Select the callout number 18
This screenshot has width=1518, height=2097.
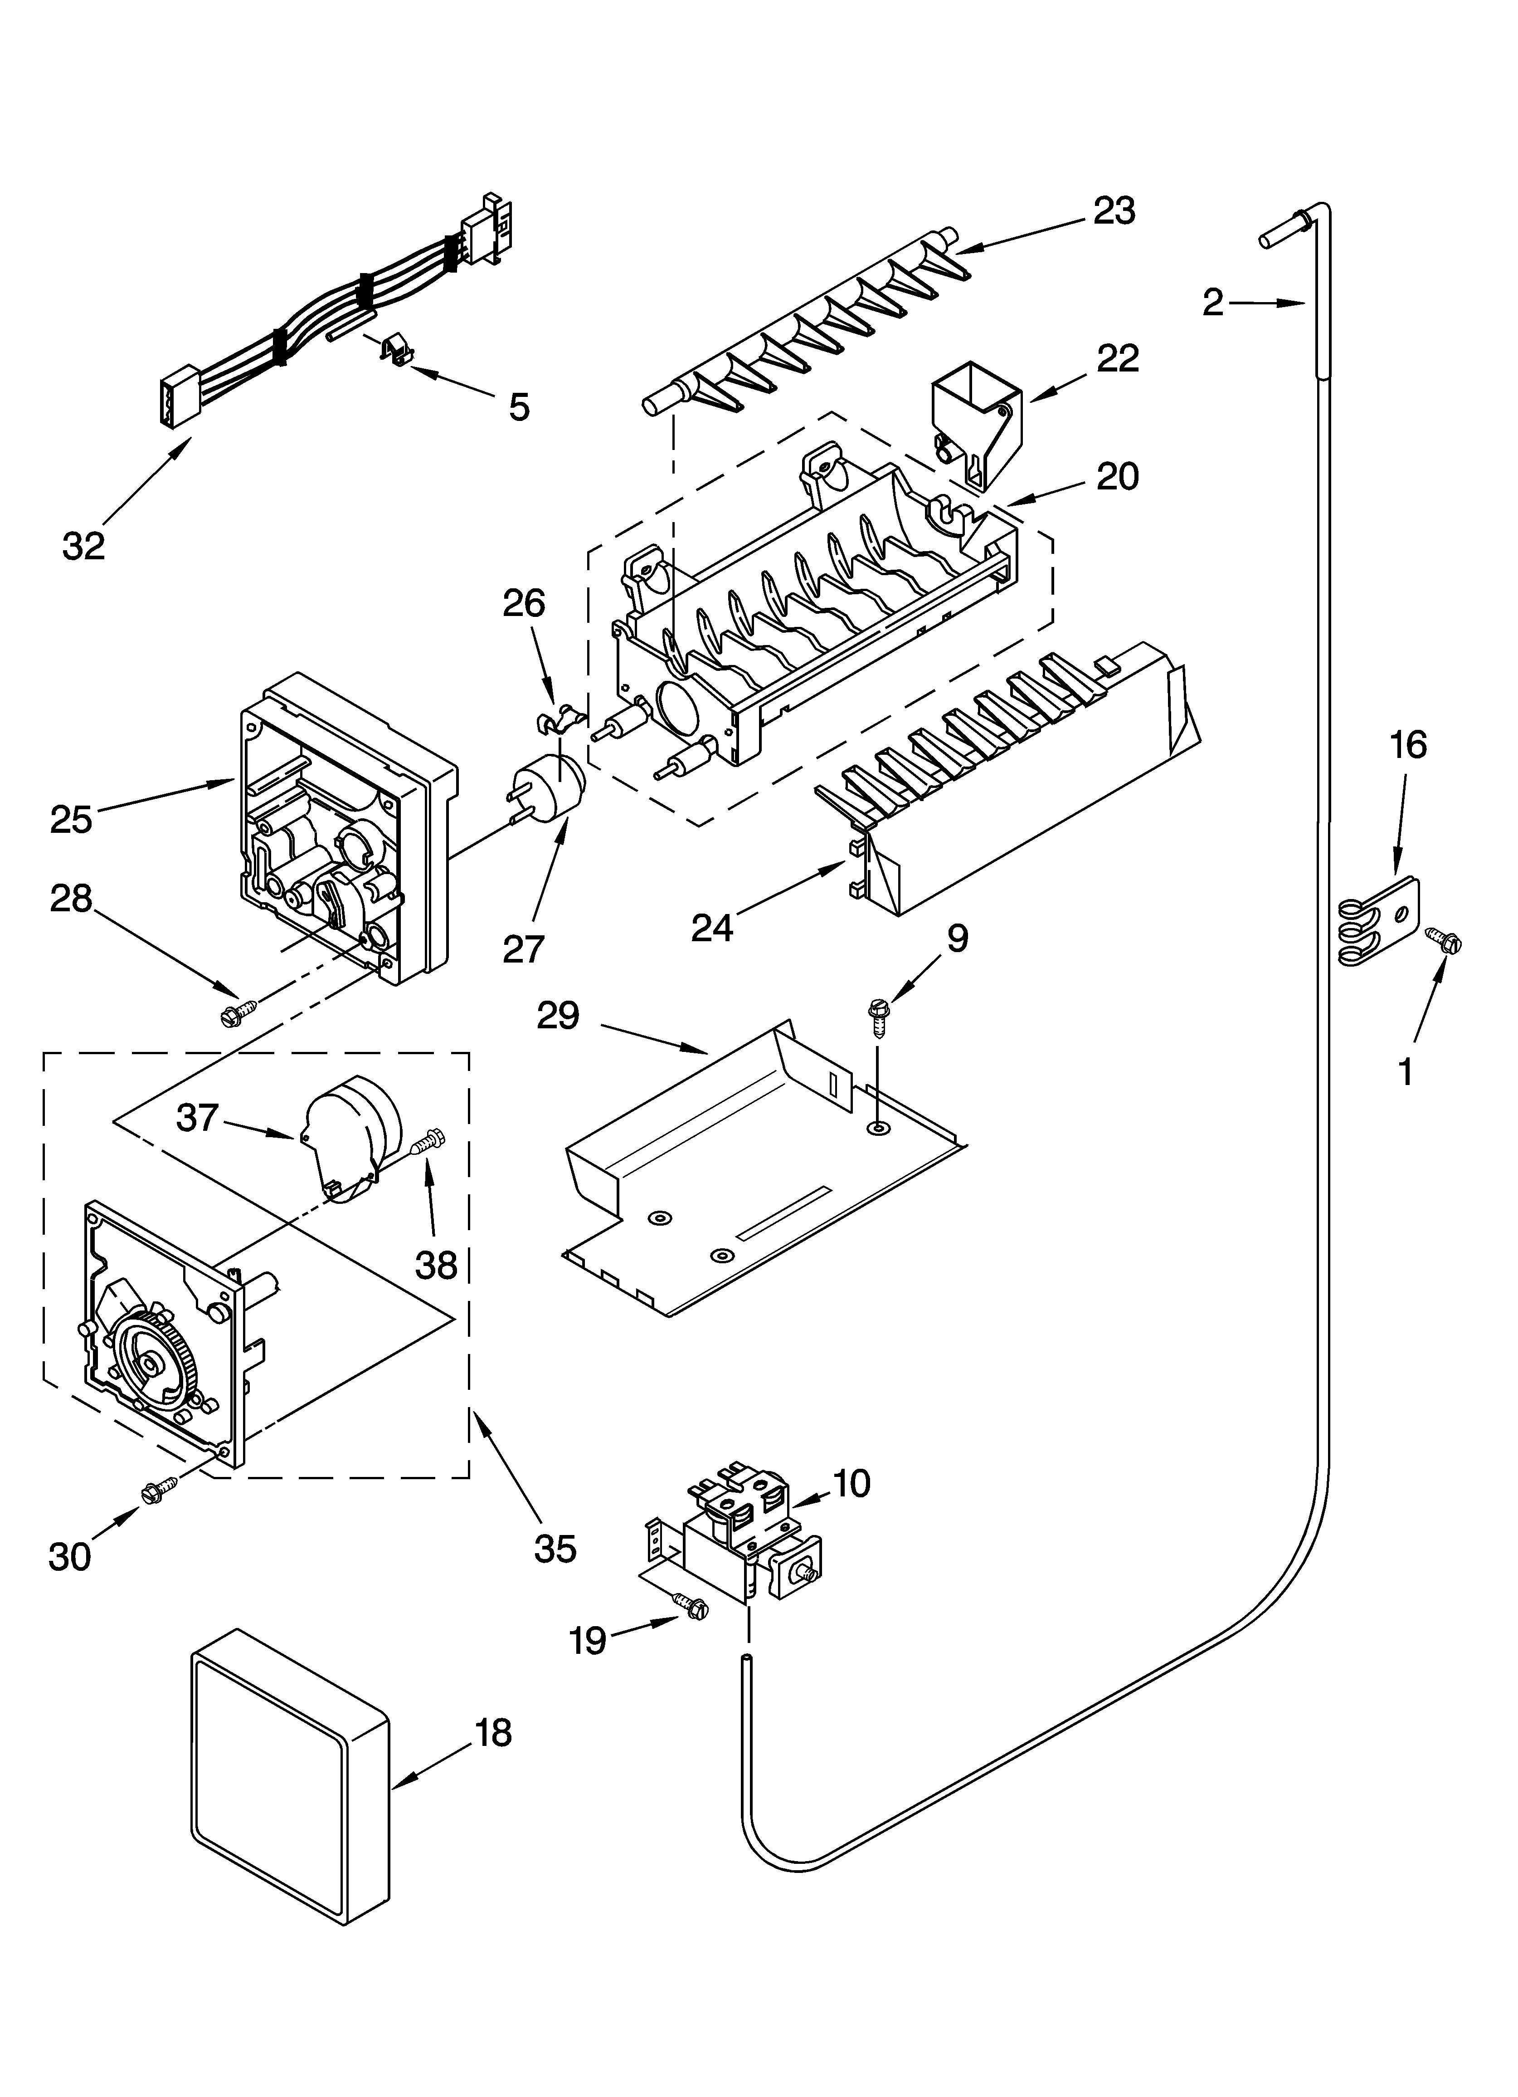pos(495,1733)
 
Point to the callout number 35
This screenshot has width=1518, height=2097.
pos(555,1547)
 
